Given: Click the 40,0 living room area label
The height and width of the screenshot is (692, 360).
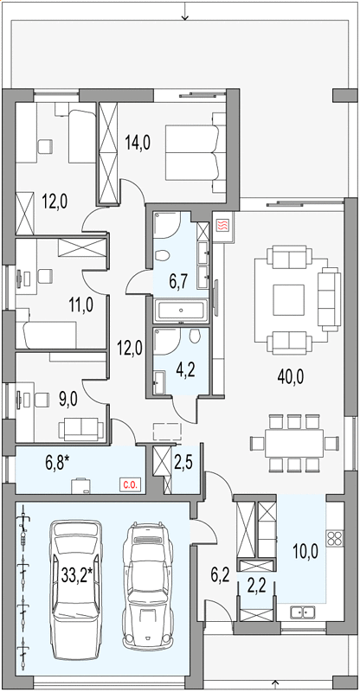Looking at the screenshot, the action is pos(291,378).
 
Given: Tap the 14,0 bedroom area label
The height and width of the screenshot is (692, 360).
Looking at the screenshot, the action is pos(138,143).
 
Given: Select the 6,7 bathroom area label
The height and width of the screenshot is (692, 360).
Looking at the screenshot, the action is pos(180,280).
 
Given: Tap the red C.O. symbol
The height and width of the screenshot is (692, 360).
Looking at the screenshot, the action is pos(129,485).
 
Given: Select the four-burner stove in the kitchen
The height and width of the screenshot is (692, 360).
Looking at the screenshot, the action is pos(335,538).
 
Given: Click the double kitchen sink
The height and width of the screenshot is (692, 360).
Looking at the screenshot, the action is pos(303,612).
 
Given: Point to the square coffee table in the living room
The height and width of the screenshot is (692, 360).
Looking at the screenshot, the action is pos(288,299).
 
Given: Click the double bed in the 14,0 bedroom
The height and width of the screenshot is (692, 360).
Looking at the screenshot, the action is pos(193,153).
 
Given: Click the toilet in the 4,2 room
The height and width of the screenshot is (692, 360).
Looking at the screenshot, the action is pos(195,336).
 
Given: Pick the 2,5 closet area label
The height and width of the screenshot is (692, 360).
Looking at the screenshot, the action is pos(183,465).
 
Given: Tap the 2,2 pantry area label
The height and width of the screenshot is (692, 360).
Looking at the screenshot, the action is pos(256,588).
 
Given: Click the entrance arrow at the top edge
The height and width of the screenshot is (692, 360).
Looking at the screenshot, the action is pos(184,10).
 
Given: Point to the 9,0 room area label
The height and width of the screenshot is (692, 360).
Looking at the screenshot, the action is pos(67,400).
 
